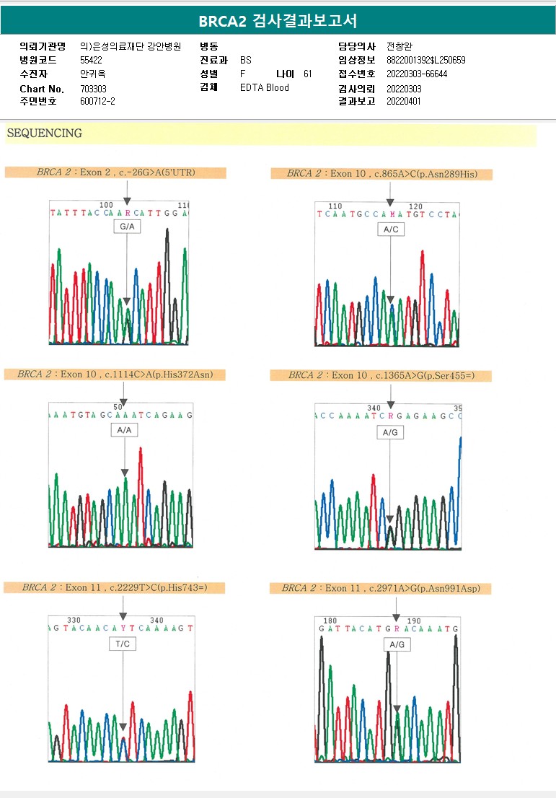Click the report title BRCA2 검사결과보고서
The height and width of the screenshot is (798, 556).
coord(278,20)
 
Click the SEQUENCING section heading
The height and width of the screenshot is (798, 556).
coord(44,133)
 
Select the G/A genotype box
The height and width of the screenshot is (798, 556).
coord(126,227)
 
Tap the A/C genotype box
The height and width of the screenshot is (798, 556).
coord(390,229)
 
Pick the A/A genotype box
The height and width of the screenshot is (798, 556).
coord(124,430)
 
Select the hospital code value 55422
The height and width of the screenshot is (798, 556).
coord(91,60)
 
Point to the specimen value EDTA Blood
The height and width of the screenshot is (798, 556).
coord(264,88)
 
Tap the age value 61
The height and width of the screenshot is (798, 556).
coord(308,74)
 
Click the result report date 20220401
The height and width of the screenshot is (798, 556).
coord(404,102)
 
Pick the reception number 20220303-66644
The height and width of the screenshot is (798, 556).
coord(417,74)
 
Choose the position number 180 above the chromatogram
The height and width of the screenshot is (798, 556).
coord(330,621)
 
